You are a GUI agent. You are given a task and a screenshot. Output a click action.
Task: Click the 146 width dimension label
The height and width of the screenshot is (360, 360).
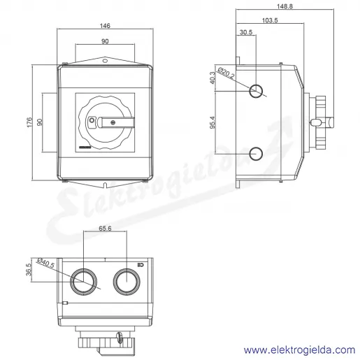[x=105, y=25]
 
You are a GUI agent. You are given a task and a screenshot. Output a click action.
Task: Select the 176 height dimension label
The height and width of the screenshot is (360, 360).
[x=29, y=122]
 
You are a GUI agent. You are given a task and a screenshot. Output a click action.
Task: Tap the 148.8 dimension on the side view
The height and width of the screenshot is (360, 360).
[x=285, y=6]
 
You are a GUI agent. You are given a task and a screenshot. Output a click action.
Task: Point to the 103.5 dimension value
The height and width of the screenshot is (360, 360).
[x=270, y=20]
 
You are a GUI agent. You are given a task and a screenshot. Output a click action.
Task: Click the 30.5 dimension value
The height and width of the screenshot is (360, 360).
[x=246, y=32]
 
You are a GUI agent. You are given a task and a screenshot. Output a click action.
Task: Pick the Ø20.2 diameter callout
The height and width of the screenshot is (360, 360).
[x=226, y=73]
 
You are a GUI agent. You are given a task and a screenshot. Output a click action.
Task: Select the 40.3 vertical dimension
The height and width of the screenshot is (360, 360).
[x=213, y=78]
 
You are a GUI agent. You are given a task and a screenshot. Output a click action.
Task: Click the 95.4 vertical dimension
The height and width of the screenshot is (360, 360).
[x=213, y=122]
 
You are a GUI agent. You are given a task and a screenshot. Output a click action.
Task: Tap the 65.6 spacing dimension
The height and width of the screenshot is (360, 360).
[x=105, y=229]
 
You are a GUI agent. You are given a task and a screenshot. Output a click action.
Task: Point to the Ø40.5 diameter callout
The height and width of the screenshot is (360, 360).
[x=45, y=263]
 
